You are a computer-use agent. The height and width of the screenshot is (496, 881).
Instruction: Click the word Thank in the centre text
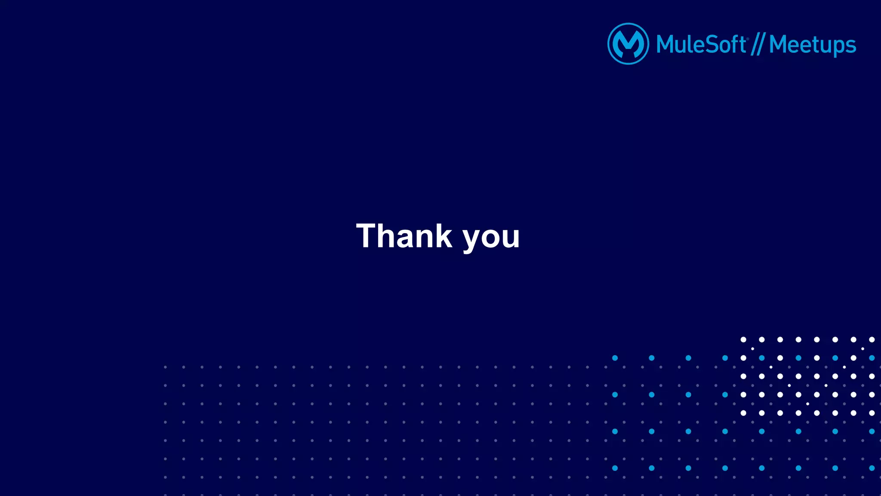(404, 236)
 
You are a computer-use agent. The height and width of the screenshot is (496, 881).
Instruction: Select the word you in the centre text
(491, 237)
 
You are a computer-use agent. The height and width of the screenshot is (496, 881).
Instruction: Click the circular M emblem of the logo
(628, 44)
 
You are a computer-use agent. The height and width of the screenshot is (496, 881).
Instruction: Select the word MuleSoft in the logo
(701, 44)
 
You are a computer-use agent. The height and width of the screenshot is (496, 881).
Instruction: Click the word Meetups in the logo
(812, 45)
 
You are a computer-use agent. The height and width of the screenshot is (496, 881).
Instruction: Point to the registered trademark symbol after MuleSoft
(748, 39)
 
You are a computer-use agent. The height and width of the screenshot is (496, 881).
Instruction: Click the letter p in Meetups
(837, 47)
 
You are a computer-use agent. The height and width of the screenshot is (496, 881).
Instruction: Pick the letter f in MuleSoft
(735, 44)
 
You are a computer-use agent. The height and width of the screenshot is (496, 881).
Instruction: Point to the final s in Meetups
(850, 46)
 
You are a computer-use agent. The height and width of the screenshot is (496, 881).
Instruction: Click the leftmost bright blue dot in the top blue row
(615, 358)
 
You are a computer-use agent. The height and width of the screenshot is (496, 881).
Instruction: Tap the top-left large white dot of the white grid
(743, 339)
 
